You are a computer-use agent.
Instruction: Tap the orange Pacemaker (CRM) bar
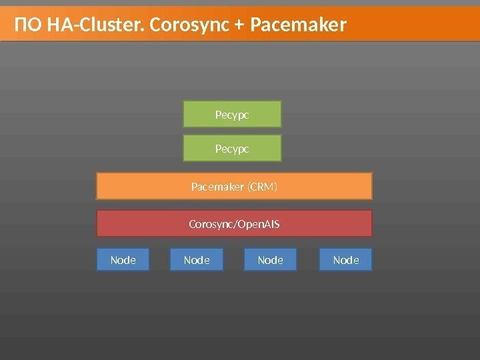pos(234,186)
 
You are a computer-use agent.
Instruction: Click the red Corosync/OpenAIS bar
pos(234,223)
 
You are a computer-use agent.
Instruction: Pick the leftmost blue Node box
pos(123,259)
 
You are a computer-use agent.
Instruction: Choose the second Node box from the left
pos(197,259)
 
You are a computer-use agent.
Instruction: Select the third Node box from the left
pos(271,259)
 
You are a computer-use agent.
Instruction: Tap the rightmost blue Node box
pos(345,259)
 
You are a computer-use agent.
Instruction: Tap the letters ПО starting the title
pos(27,25)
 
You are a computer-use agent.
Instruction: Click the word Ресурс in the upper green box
pos(232,115)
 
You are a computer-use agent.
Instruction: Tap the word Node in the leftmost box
pos(123,259)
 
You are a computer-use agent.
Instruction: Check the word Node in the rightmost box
pos(345,259)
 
